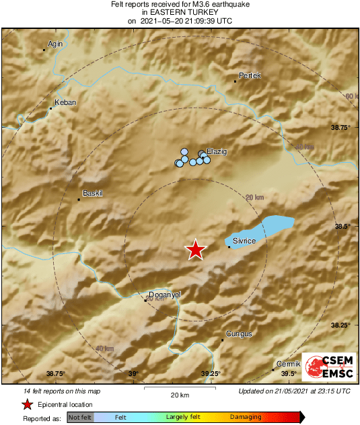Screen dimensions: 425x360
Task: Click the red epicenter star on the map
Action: click(195, 249)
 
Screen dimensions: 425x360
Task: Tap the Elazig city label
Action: click(217, 151)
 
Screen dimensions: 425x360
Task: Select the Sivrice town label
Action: click(245, 239)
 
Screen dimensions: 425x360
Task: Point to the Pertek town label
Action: click(250, 76)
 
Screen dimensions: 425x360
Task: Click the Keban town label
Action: click(65, 102)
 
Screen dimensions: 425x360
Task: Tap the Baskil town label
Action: click(92, 194)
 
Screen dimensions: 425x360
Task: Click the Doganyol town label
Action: click(164, 295)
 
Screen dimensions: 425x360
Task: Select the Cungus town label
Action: click(239, 334)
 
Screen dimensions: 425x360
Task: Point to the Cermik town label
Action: click(287, 363)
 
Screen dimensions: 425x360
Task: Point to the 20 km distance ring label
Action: click(254, 197)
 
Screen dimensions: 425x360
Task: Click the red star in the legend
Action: click(27, 404)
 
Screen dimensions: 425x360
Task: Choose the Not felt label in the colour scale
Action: click(81, 418)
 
